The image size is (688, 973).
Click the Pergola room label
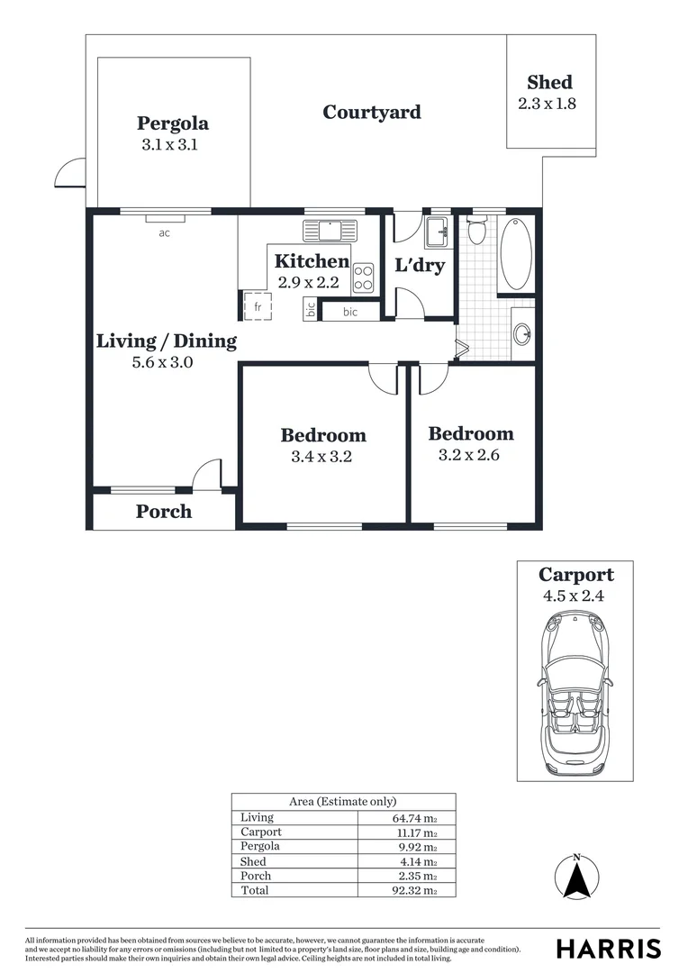[x=173, y=123]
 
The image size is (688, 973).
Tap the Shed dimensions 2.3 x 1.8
[x=547, y=103]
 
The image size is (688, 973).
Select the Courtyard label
[x=372, y=113]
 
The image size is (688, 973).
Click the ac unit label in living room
[x=164, y=233]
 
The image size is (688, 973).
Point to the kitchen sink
[x=330, y=231]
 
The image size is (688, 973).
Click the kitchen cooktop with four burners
[x=364, y=277]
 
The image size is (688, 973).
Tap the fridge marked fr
[x=257, y=306]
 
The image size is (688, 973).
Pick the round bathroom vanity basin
[x=522, y=335]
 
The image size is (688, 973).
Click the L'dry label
[x=420, y=266]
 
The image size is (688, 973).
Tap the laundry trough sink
[x=439, y=231]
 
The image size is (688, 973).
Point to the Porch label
[x=164, y=512]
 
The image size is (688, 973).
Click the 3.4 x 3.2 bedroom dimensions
[x=321, y=457]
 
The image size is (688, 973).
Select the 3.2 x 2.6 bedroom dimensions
[x=468, y=455]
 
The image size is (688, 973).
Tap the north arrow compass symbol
[x=577, y=876]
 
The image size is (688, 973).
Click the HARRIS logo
[x=608, y=949]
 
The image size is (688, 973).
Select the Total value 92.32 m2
[x=414, y=890]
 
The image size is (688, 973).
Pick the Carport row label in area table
[x=261, y=832]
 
